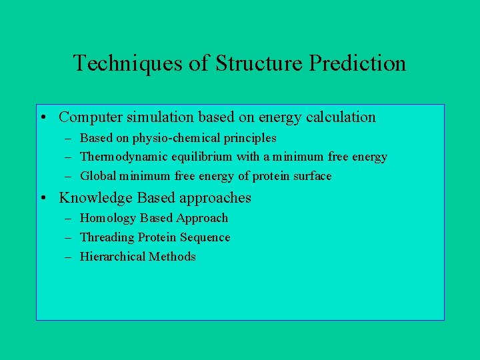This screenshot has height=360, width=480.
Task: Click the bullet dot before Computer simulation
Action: point(42,118)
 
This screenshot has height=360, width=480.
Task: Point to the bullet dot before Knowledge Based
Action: point(42,198)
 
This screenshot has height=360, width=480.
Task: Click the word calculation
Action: point(341,117)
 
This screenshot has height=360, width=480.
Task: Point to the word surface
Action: point(311,177)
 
